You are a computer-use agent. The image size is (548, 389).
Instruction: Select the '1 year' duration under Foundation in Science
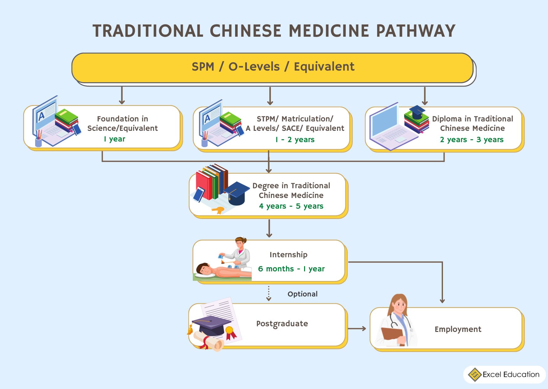pyautogui.click(x=114, y=139)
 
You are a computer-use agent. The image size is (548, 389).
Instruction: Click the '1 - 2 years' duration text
pyautogui.click(x=295, y=140)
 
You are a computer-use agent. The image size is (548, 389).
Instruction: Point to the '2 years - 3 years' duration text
pyautogui.click(x=472, y=140)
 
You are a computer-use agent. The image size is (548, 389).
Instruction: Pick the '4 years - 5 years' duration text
pyautogui.click(x=291, y=206)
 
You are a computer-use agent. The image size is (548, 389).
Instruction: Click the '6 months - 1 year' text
pyautogui.click(x=291, y=269)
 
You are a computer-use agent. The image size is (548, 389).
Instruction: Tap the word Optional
pyautogui.click(x=303, y=294)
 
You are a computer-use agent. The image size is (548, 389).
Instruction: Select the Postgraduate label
pyautogui.click(x=282, y=324)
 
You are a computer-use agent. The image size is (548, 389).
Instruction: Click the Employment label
pyautogui.click(x=458, y=329)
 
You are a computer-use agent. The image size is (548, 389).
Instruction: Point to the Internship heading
pyautogui.click(x=288, y=255)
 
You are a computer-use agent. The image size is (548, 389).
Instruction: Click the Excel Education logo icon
pyautogui.click(x=475, y=375)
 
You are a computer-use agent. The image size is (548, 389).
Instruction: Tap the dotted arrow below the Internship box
pyautogui.click(x=269, y=293)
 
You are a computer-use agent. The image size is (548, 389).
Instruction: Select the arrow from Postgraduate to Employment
pyautogui.click(x=357, y=328)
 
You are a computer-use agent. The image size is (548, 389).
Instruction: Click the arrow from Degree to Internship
pyautogui.click(x=269, y=228)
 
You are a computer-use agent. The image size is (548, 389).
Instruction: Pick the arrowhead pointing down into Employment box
pyautogui.click(x=442, y=301)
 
